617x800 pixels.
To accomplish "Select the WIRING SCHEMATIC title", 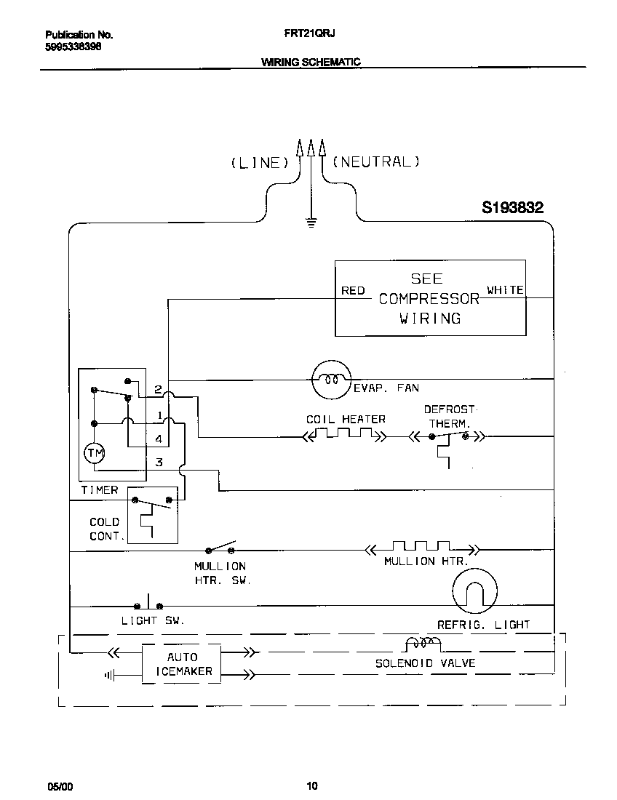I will pos(311,62).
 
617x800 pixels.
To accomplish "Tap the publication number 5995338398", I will pos(73,46).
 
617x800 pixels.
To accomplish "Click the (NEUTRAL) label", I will pos(376,162).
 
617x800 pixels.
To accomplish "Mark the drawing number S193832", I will pos(512,208).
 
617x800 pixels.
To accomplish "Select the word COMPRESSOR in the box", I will pos(429,299).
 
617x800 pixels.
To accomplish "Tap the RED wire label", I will pos(353,291).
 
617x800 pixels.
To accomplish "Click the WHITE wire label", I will pos(505,290).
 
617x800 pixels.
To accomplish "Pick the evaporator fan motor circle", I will pos(331,380).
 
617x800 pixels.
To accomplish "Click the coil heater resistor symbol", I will pos(344,436).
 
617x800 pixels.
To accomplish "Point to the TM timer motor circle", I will pos(95,454).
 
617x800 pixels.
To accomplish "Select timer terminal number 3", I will pos(158,463).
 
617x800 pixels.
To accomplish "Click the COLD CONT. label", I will pos(104,529).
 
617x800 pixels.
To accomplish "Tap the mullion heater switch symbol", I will pos(221,547).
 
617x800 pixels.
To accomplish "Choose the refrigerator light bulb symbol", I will pos(474,591).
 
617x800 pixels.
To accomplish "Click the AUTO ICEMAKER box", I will pos(181,663).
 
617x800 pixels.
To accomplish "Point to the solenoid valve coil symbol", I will pos(423,644).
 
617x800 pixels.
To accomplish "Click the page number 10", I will pos(311,785).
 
